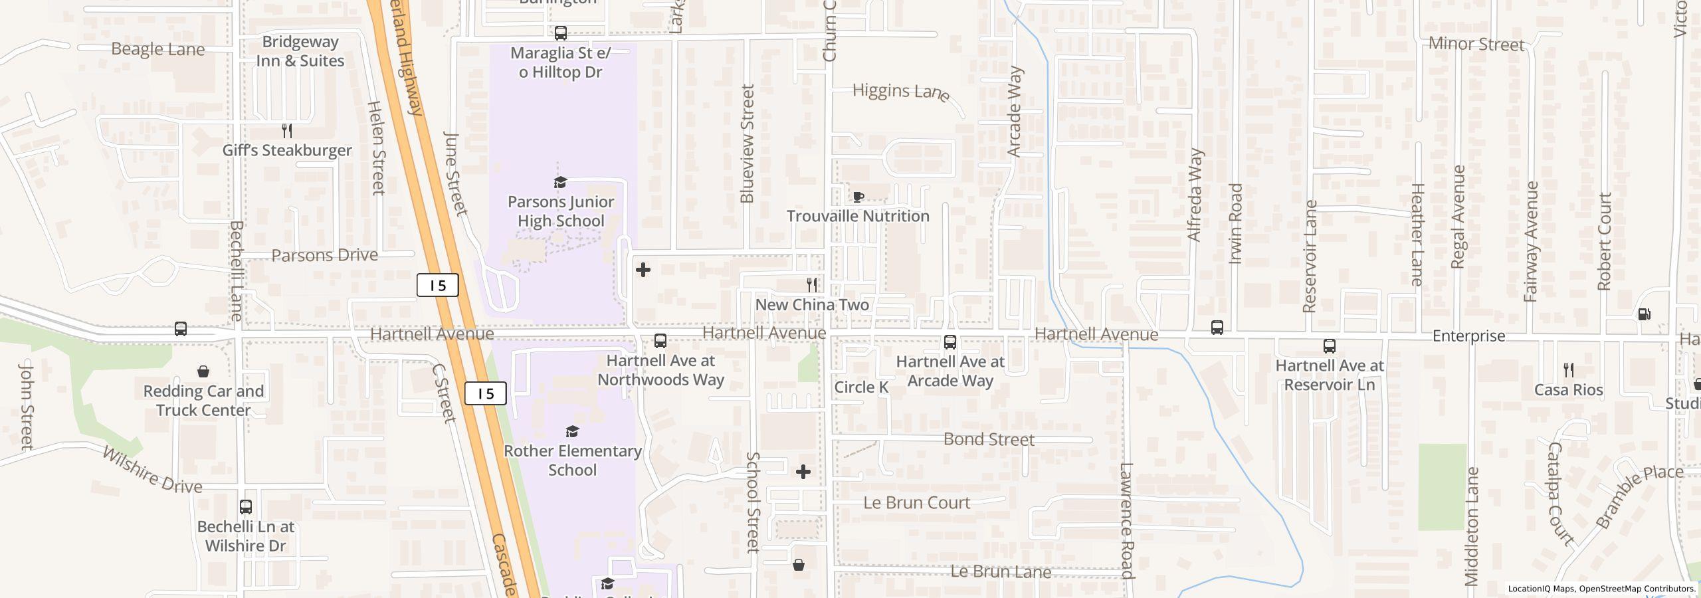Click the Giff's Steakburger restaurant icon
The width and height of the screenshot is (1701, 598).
coord(287,131)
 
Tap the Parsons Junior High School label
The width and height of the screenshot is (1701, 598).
coord(561,211)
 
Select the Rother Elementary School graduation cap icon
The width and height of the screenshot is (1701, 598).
coord(572,433)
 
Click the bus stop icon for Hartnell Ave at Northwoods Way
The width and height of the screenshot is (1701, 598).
coord(660,341)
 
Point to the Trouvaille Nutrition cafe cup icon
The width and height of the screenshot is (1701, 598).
coord(858,197)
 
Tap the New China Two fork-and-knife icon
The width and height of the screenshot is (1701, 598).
coord(812,285)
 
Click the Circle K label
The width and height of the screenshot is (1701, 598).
coord(860,387)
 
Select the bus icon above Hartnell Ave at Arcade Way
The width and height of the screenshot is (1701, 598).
coord(950,342)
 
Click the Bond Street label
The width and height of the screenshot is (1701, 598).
coord(989,439)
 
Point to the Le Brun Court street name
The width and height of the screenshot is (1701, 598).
coord(916,503)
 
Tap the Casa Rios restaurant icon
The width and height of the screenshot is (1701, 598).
coord(1569,370)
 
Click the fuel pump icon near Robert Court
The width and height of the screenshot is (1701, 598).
coord(1645,314)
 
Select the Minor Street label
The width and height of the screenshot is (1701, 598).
coord(1476,45)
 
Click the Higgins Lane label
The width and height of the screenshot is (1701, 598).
coord(900,91)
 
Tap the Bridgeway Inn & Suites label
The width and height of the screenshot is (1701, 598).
coord(300,51)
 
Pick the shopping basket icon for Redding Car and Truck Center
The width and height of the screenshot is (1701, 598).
coord(203,371)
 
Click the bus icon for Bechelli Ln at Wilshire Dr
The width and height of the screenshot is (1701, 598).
coord(246,507)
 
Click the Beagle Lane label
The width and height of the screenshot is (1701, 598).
coord(158,49)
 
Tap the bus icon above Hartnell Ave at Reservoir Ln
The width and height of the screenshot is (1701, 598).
coord(1330,346)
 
